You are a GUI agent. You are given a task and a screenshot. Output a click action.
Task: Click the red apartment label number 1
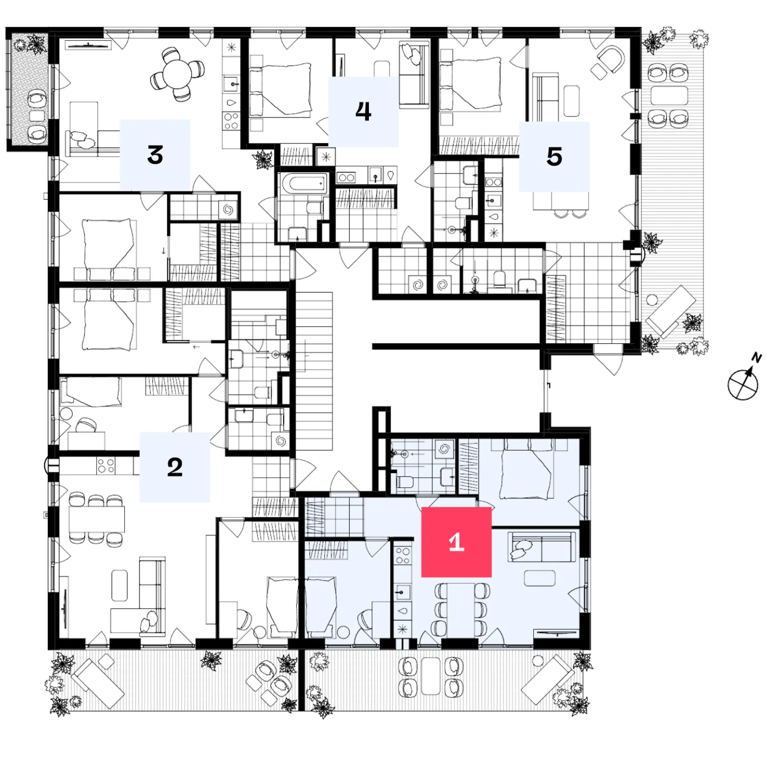(456, 542)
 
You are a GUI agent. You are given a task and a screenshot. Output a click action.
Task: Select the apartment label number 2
(174, 467)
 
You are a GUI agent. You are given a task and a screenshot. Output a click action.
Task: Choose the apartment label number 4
(363, 111)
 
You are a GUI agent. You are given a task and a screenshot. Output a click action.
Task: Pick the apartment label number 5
(554, 156)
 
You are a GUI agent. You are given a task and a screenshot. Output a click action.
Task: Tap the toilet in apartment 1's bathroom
(404, 481)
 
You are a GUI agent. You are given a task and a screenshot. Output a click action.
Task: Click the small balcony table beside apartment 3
(37, 116)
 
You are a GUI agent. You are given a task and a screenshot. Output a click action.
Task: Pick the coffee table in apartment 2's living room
(119, 585)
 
